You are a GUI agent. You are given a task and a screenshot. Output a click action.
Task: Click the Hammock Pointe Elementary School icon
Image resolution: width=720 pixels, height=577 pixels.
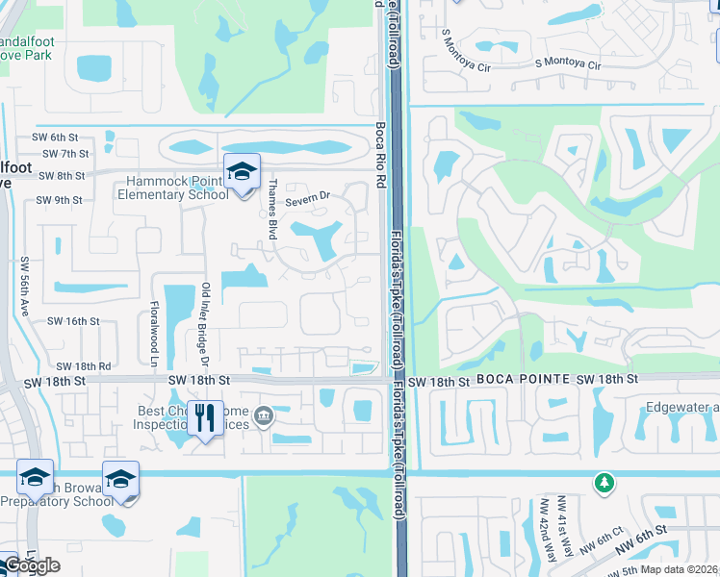click(242, 173)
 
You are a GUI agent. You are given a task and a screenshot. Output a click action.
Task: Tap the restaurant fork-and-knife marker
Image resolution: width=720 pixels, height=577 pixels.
click(204, 418)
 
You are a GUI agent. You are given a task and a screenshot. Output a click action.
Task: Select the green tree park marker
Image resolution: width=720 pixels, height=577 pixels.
click(604, 482)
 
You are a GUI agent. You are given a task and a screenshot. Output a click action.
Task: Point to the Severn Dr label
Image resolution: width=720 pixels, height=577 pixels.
click(308, 196)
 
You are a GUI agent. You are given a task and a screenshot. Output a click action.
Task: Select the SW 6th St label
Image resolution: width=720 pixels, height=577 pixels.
click(57, 137)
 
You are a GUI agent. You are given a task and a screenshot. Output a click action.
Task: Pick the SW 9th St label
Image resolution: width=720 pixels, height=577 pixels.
click(59, 200)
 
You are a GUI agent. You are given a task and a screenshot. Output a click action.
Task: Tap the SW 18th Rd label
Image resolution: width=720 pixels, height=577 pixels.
click(84, 366)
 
